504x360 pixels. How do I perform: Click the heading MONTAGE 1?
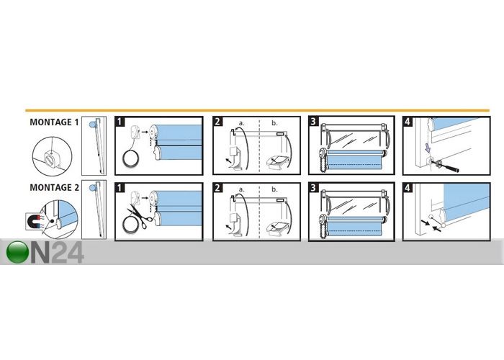click(x=54, y=122)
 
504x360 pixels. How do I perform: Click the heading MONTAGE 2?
click(x=54, y=187)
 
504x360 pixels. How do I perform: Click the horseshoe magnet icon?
click(x=34, y=221)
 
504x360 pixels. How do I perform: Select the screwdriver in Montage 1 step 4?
click(x=445, y=165)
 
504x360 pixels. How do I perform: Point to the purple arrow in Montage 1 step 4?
click(x=427, y=148)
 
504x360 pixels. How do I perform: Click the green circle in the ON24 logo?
click(x=17, y=252)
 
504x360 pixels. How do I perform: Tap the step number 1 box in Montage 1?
click(x=120, y=122)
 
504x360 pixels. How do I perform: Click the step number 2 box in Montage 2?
click(x=217, y=187)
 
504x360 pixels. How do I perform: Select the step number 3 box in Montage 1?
click(x=314, y=121)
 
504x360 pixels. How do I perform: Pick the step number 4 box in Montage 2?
click(x=408, y=187)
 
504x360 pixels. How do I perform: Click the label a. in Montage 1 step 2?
click(x=241, y=123)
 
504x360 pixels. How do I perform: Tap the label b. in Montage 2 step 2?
click(x=274, y=189)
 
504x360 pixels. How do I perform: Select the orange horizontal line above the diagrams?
click(x=257, y=110)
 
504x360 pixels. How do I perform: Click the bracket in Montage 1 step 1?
click(x=135, y=132)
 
